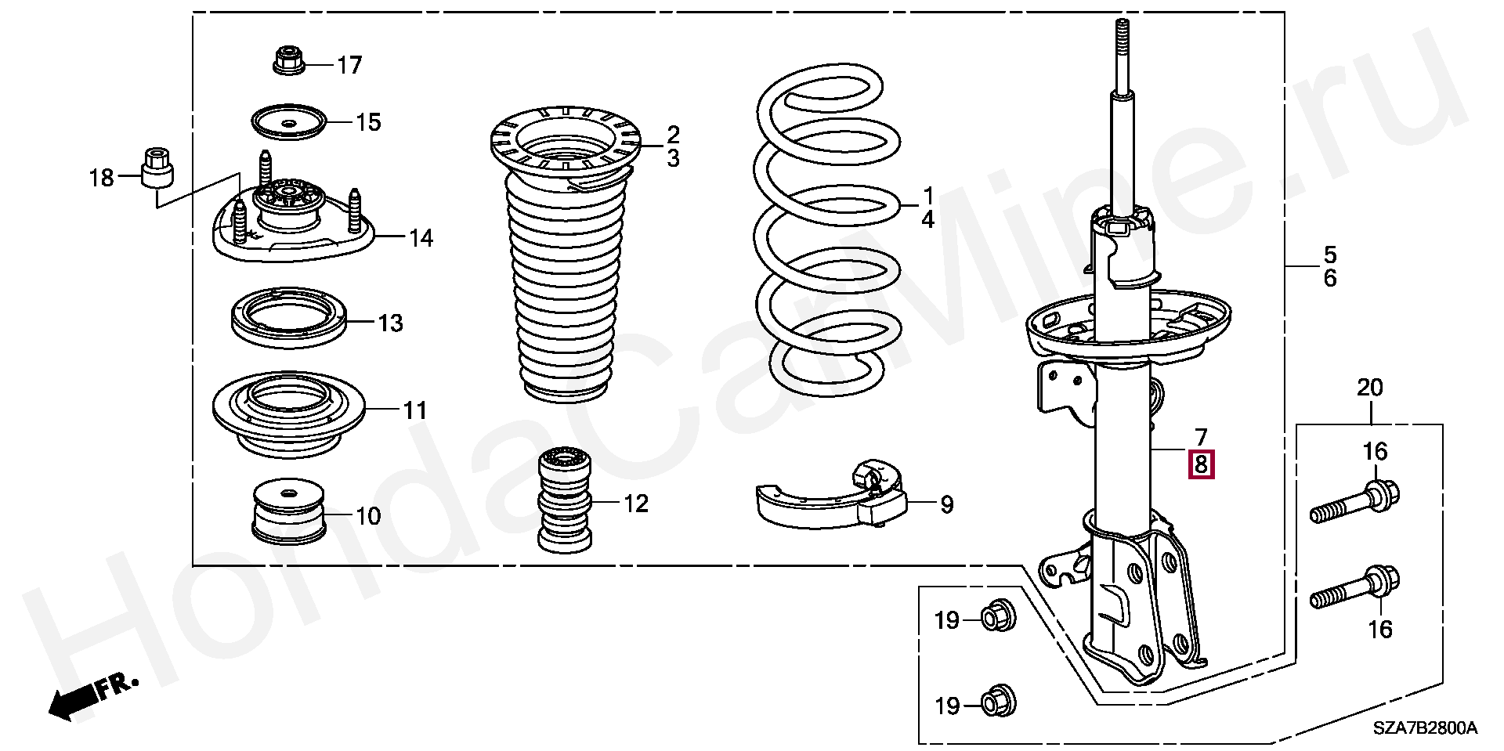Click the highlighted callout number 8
[1202, 464]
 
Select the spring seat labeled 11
[288, 413]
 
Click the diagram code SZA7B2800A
[1424, 729]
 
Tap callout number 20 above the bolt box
[1370, 388]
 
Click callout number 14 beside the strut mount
[421, 237]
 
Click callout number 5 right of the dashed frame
[1330, 254]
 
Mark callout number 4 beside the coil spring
[927, 219]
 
